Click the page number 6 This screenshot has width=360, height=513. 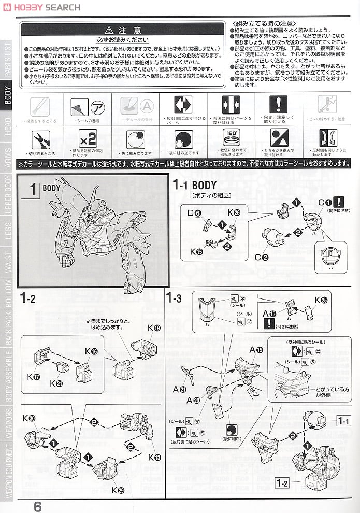pyautogui.click(x=37, y=506)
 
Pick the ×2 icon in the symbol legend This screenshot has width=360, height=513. pyautogui.click(x=88, y=139)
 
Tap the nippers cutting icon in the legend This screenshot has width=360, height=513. pyautogui.click(x=39, y=139)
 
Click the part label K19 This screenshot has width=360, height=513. pyautogui.click(x=154, y=327)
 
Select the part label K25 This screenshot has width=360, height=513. pyautogui.click(x=321, y=300)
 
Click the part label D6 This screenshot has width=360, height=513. pyautogui.click(x=194, y=212)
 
